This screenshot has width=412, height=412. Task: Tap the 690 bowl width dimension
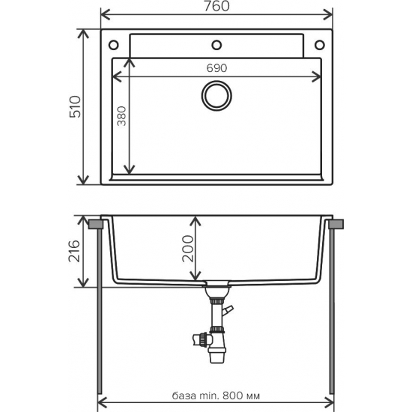[217, 67]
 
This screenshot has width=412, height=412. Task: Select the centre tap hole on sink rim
[217, 42]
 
